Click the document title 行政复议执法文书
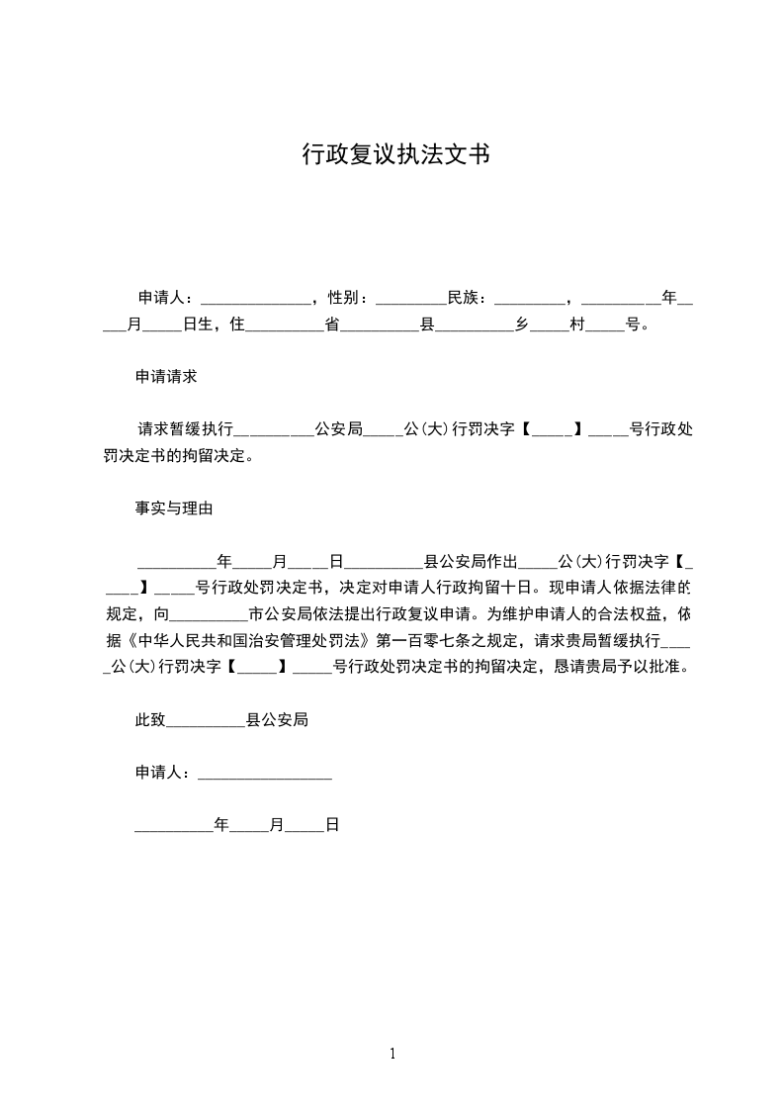point(395,155)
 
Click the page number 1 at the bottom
point(392,1054)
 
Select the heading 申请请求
point(166,377)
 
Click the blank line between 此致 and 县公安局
point(206,723)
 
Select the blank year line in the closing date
point(174,827)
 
